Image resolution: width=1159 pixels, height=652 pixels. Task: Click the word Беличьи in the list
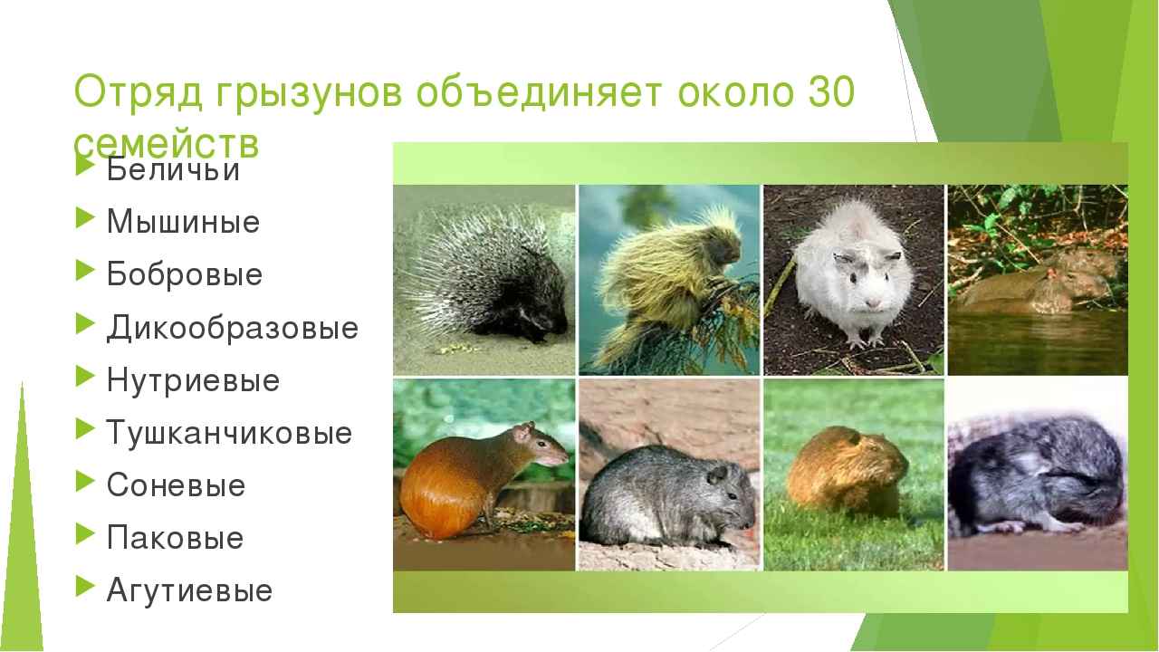[173, 169]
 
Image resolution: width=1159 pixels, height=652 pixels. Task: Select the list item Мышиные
[183, 222]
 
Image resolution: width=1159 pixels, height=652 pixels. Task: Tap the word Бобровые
[185, 274]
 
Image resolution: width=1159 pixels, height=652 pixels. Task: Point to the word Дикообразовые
[233, 327]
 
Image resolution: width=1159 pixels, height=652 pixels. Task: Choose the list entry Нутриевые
[193, 380]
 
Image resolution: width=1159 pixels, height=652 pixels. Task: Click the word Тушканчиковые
[229, 433]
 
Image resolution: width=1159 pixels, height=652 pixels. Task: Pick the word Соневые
[176, 485]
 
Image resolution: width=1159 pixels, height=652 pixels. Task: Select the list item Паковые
[175, 538]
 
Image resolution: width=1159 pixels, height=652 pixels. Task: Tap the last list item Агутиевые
[189, 590]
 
